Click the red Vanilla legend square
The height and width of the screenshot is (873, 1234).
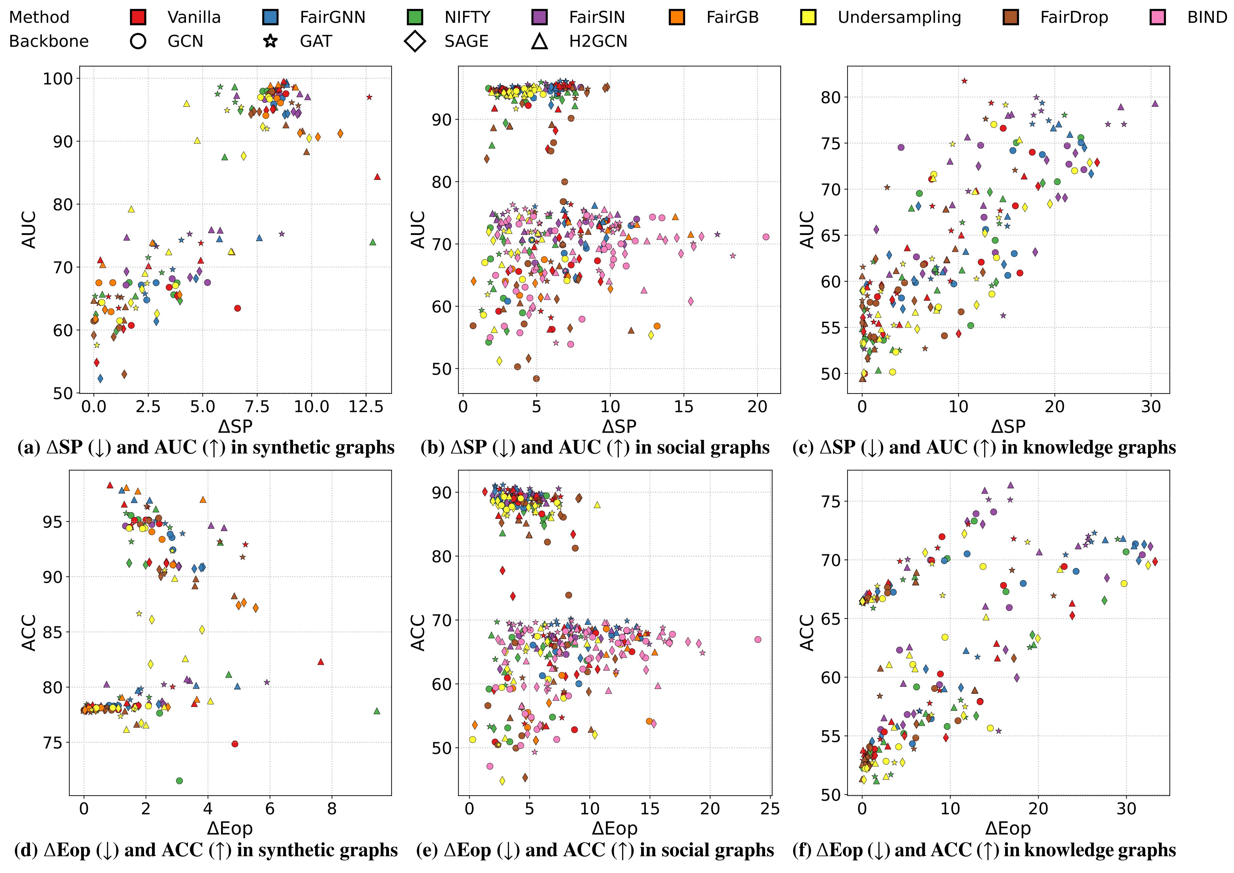point(138,17)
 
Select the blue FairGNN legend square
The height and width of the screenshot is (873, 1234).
point(270,17)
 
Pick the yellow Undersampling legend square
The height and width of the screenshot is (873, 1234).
point(808,17)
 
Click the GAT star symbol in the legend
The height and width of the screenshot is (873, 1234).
point(270,41)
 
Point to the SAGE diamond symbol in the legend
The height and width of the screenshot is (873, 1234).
point(416,41)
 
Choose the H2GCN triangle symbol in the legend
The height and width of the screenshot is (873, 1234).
point(540,41)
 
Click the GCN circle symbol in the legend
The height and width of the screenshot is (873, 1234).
point(138,41)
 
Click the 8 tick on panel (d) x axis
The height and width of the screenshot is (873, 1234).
point(332,808)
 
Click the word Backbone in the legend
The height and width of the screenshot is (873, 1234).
point(49,41)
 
